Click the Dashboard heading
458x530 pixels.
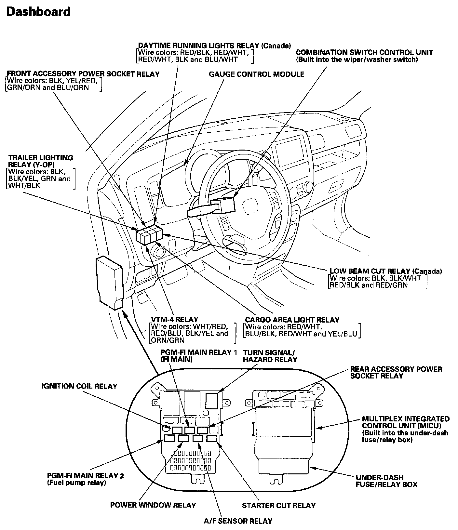tap(38, 12)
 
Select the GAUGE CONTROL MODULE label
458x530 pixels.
tap(256, 74)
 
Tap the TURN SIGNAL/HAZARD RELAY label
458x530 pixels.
tap(270, 356)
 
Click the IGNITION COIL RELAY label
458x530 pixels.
tap(79, 386)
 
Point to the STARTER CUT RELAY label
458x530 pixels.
tap(278, 506)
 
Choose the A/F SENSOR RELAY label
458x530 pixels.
tap(238, 521)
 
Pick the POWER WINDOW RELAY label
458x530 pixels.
tap(153, 505)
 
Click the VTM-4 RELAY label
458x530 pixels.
tap(174, 320)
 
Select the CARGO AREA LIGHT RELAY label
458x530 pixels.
tap(292, 320)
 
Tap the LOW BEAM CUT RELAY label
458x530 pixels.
tap(386, 271)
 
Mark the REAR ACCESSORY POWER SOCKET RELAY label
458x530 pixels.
tap(396, 373)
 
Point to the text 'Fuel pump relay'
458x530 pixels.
tap(77, 483)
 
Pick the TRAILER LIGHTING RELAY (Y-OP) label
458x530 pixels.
tap(41, 161)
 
